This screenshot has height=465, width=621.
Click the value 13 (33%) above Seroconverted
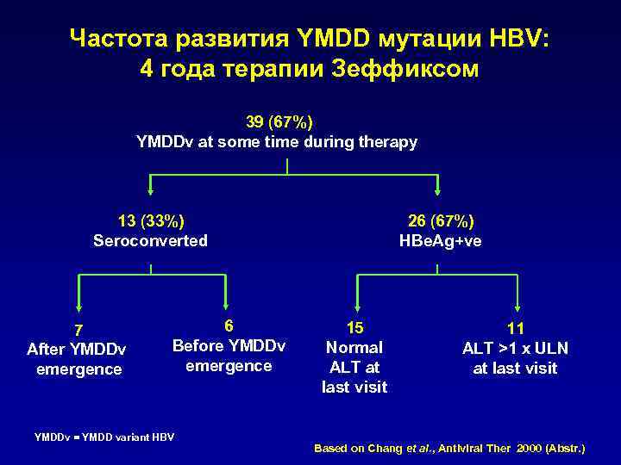tap(151, 220)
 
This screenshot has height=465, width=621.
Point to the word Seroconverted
tap(151, 240)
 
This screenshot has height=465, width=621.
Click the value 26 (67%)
tap(441, 220)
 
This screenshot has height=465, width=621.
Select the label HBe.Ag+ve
tap(441, 240)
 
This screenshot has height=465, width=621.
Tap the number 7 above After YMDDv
tap(78, 330)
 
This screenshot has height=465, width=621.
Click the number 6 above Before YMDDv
tap(229, 325)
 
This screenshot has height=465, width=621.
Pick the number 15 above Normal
tap(354, 327)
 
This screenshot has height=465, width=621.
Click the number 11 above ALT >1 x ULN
tap(516, 327)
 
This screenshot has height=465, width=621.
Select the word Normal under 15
tap(354, 348)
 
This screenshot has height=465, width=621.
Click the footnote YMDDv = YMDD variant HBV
tap(103, 437)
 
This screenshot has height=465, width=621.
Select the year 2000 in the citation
tap(522, 449)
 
